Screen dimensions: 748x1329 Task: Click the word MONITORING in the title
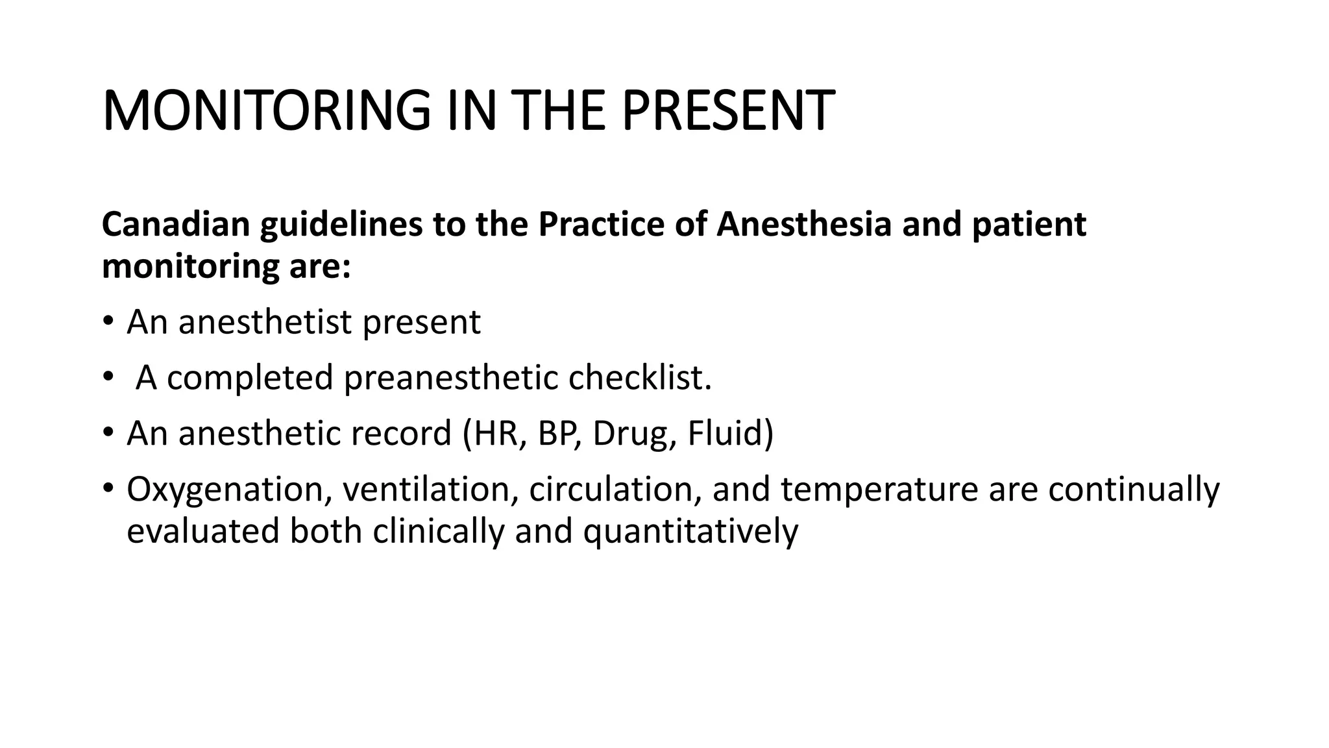pyautogui.click(x=266, y=110)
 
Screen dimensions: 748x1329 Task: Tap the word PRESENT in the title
pyautogui.click(x=727, y=110)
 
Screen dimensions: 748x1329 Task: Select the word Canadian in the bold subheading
pyautogui.click(x=176, y=224)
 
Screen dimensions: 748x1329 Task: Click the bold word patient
pyautogui.click(x=1029, y=224)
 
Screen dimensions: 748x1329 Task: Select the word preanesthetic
pyautogui.click(x=450, y=377)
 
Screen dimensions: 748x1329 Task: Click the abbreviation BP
pyautogui.click(x=555, y=433)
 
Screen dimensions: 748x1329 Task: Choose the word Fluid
pyautogui.click(x=725, y=433)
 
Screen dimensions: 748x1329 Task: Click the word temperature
pyautogui.click(x=879, y=489)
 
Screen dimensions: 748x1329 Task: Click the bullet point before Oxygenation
pyautogui.click(x=108, y=488)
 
